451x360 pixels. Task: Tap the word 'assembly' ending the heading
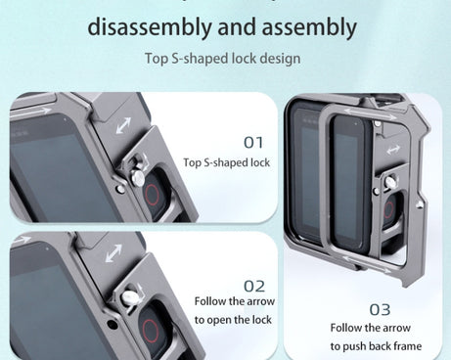[x=309, y=27]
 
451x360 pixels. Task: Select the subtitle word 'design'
[x=280, y=59]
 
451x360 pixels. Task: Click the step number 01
[x=253, y=143]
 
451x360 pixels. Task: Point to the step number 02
[x=254, y=287]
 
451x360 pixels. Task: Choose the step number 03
[x=380, y=309]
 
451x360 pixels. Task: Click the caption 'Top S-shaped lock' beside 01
[x=227, y=162]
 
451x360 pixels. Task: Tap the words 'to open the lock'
[x=233, y=320]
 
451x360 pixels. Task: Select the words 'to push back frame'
[x=376, y=346]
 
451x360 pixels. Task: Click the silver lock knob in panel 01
[x=137, y=178]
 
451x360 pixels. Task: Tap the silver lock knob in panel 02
[x=129, y=297]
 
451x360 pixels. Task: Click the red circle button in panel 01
[x=152, y=195]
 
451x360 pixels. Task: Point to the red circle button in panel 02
[x=150, y=331]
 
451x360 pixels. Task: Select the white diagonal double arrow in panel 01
[x=123, y=125]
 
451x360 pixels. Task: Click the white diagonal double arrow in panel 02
[x=113, y=253]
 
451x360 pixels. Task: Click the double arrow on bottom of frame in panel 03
[x=367, y=264]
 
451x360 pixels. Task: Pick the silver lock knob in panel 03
[x=390, y=182]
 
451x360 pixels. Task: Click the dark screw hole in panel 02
[x=113, y=325]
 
